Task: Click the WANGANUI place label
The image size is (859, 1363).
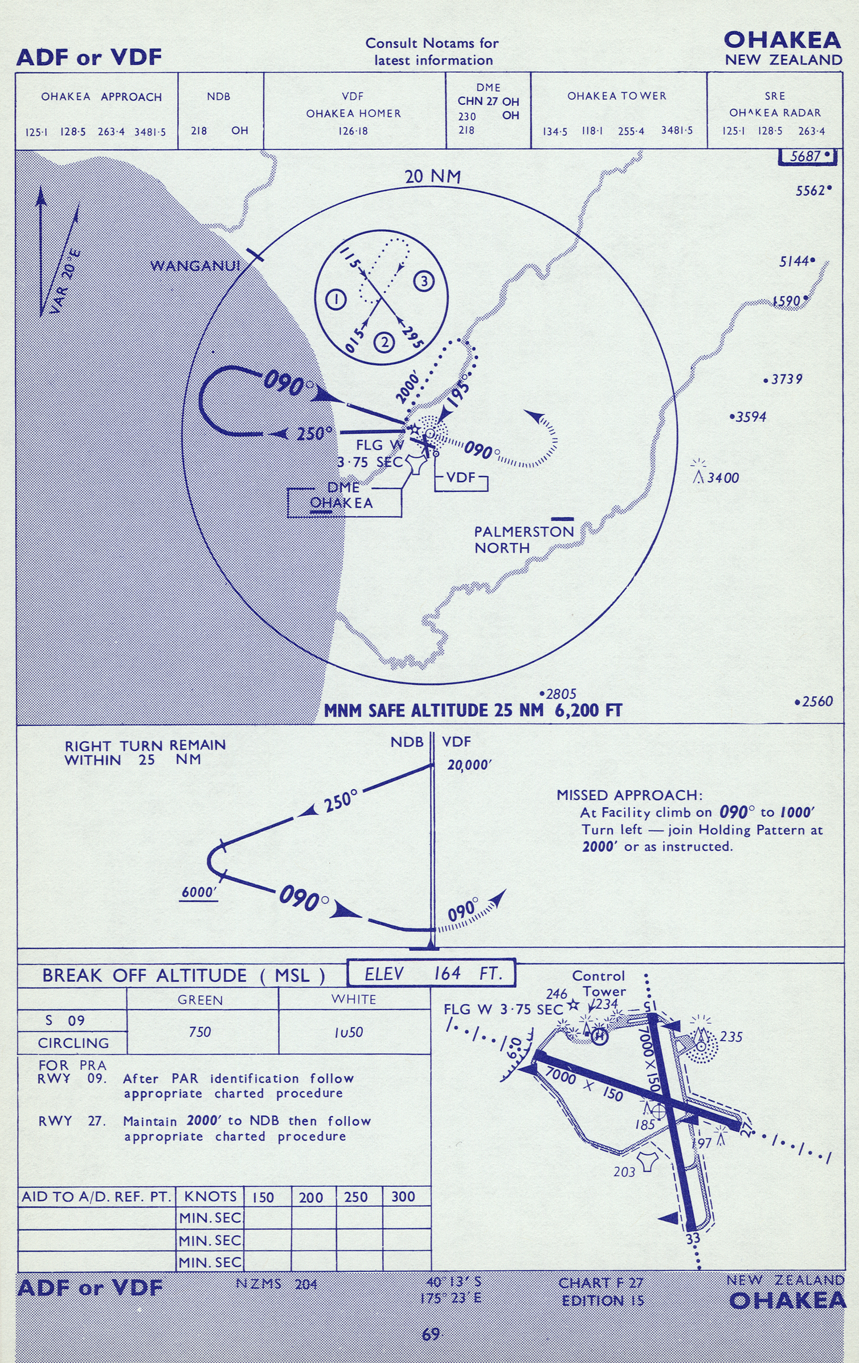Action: point(195,266)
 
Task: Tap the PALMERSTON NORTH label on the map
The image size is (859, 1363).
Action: point(523,539)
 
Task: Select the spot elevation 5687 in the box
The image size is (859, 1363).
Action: point(808,156)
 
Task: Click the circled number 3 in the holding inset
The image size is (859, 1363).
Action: point(423,281)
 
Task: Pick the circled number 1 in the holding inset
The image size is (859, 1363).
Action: point(336,299)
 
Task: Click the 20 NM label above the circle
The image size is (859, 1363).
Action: point(432,177)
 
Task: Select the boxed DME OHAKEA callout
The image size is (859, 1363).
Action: point(343,497)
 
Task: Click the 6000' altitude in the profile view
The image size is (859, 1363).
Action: point(199,892)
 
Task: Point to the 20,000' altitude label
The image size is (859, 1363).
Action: point(468,766)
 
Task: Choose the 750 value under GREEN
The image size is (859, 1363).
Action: point(200,1032)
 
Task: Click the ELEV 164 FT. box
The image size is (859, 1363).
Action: point(431,973)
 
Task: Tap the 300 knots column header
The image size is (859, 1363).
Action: point(403,1197)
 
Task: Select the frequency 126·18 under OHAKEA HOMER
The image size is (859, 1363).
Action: point(353,131)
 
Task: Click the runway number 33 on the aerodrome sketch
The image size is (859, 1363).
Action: point(693,1238)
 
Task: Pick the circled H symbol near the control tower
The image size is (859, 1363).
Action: point(599,1036)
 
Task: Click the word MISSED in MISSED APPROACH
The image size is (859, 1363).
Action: point(588,795)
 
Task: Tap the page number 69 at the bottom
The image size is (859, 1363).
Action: point(431,1334)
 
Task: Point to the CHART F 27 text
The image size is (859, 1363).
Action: point(600,1283)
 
